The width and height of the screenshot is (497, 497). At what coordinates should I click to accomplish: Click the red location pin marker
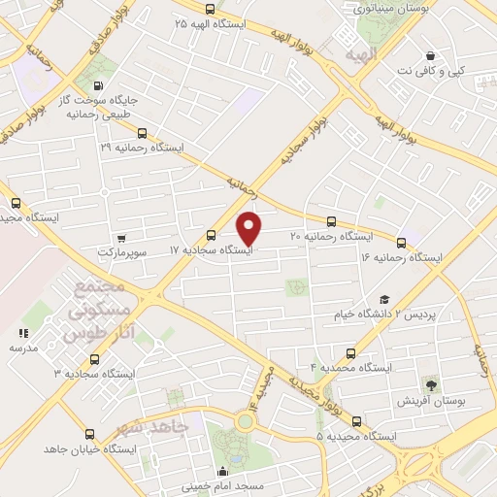click(x=249, y=227)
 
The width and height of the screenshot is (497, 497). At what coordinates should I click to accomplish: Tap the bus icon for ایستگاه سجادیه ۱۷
click(x=212, y=234)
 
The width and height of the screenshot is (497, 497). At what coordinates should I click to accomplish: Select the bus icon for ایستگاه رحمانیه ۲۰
click(x=332, y=221)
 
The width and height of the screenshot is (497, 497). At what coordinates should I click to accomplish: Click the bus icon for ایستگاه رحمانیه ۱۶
click(x=401, y=242)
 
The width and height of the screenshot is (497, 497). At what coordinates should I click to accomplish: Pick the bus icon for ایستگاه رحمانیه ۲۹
click(x=142, y=133)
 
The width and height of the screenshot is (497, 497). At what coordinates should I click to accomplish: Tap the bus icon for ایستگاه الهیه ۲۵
click(x=211, y=8)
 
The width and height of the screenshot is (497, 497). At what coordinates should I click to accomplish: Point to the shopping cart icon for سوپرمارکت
click(x=121, y=238)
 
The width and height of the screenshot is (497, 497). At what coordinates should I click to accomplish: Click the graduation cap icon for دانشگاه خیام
click(x=384, y=300)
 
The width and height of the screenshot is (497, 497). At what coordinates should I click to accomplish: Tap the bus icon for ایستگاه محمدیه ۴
click(x=350, y=353)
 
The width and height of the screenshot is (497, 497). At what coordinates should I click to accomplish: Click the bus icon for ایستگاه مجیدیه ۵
click(x=356, y=421)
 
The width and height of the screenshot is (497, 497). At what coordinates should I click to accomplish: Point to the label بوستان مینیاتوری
click(x=386, y=9)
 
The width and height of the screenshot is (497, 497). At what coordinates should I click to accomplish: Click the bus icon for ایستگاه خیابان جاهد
click(x=80, y=435)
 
